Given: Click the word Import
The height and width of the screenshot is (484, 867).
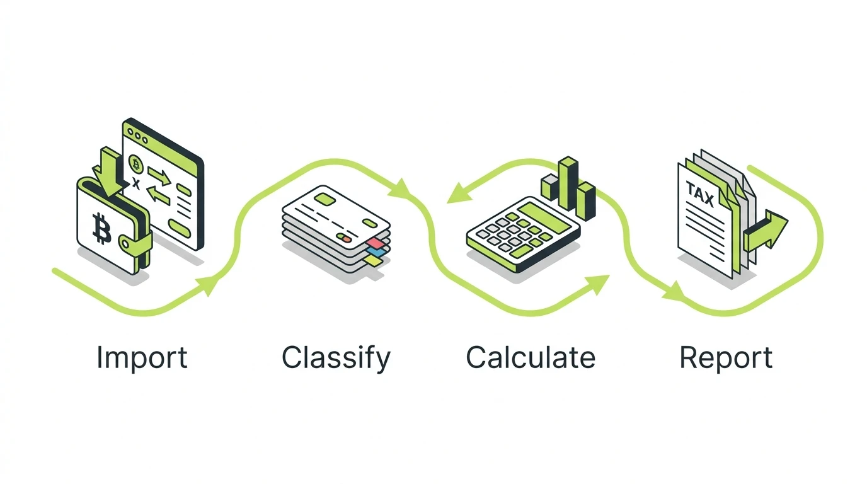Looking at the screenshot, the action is coord(142,357).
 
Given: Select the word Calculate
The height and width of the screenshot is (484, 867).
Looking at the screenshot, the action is coord(531,357).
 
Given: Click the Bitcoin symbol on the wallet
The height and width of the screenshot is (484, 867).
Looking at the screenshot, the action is coord(101,228).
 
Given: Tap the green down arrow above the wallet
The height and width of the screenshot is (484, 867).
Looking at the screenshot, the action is coord(108,171).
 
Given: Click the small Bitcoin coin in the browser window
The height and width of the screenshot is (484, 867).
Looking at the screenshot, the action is coord(135,164).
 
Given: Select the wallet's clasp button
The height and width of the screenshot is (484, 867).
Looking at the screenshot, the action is coord(125,243).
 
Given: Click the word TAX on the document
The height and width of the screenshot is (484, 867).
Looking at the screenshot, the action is coord(699,194).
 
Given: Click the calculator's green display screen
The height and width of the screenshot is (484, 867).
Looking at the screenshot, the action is coord(543,217).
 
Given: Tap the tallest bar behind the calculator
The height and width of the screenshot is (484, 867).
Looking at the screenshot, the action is coord(568,183).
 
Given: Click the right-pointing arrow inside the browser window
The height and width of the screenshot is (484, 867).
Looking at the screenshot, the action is coord(159,176).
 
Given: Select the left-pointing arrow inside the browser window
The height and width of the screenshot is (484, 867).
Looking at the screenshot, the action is coord(158,194).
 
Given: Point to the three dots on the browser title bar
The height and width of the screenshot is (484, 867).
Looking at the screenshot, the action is coord(138,136).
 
